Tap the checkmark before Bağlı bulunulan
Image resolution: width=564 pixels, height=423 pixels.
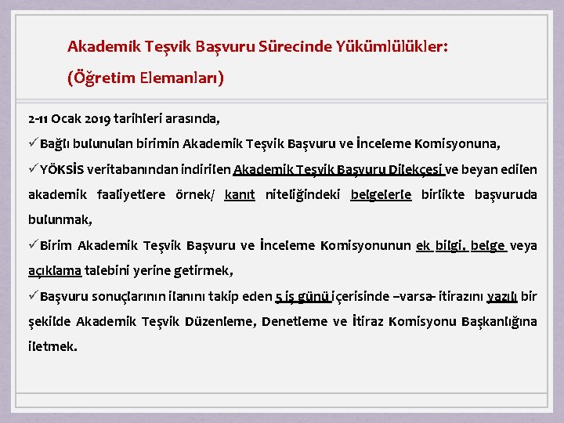tap(33, 144)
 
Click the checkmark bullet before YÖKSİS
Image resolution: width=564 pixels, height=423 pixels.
tap(33, 169)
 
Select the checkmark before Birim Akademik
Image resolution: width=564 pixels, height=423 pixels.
tap(33, 245)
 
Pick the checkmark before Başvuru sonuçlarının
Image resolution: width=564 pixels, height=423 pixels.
tap(33, 296)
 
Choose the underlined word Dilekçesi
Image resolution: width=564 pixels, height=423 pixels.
tap(420, 170)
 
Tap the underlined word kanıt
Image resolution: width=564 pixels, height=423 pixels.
tap(239, 195)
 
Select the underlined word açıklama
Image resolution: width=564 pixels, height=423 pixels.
tap(55, 271)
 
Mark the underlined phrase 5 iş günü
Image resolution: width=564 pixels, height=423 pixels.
tap(302, 297)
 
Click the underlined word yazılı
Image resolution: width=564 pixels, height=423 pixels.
tap(502, 297)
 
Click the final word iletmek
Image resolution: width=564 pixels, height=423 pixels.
tap(52, 347)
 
